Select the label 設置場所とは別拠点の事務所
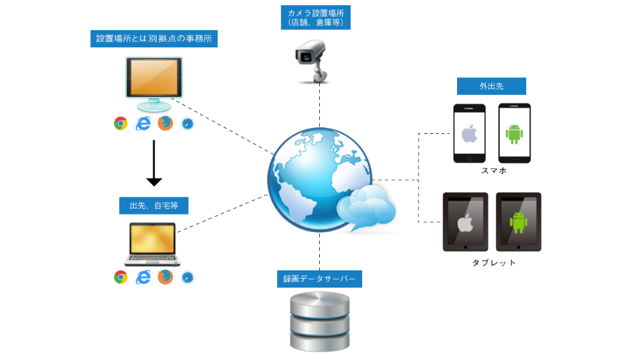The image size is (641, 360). click(154, 39)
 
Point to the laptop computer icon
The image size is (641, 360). click(153, 243)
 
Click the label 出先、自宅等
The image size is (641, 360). click(154, 206)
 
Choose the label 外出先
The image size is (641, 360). click(491, 86)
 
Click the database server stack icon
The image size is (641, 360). click(320, 322)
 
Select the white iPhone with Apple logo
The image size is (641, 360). click(469, 133)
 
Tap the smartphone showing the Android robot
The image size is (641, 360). click(515, 133)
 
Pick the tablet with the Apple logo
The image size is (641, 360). click(465, 222)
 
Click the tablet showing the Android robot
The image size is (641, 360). click(518, 222)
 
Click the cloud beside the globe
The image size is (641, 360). click(366, 206)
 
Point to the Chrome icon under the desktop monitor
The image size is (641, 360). click(121, 124)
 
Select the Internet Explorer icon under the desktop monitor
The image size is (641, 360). click(143, 124)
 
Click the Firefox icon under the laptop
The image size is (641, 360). click(165, 277)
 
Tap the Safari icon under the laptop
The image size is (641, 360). click(187, 277)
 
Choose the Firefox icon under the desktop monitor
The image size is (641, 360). click(165, 124)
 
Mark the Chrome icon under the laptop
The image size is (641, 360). click(121, 277)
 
